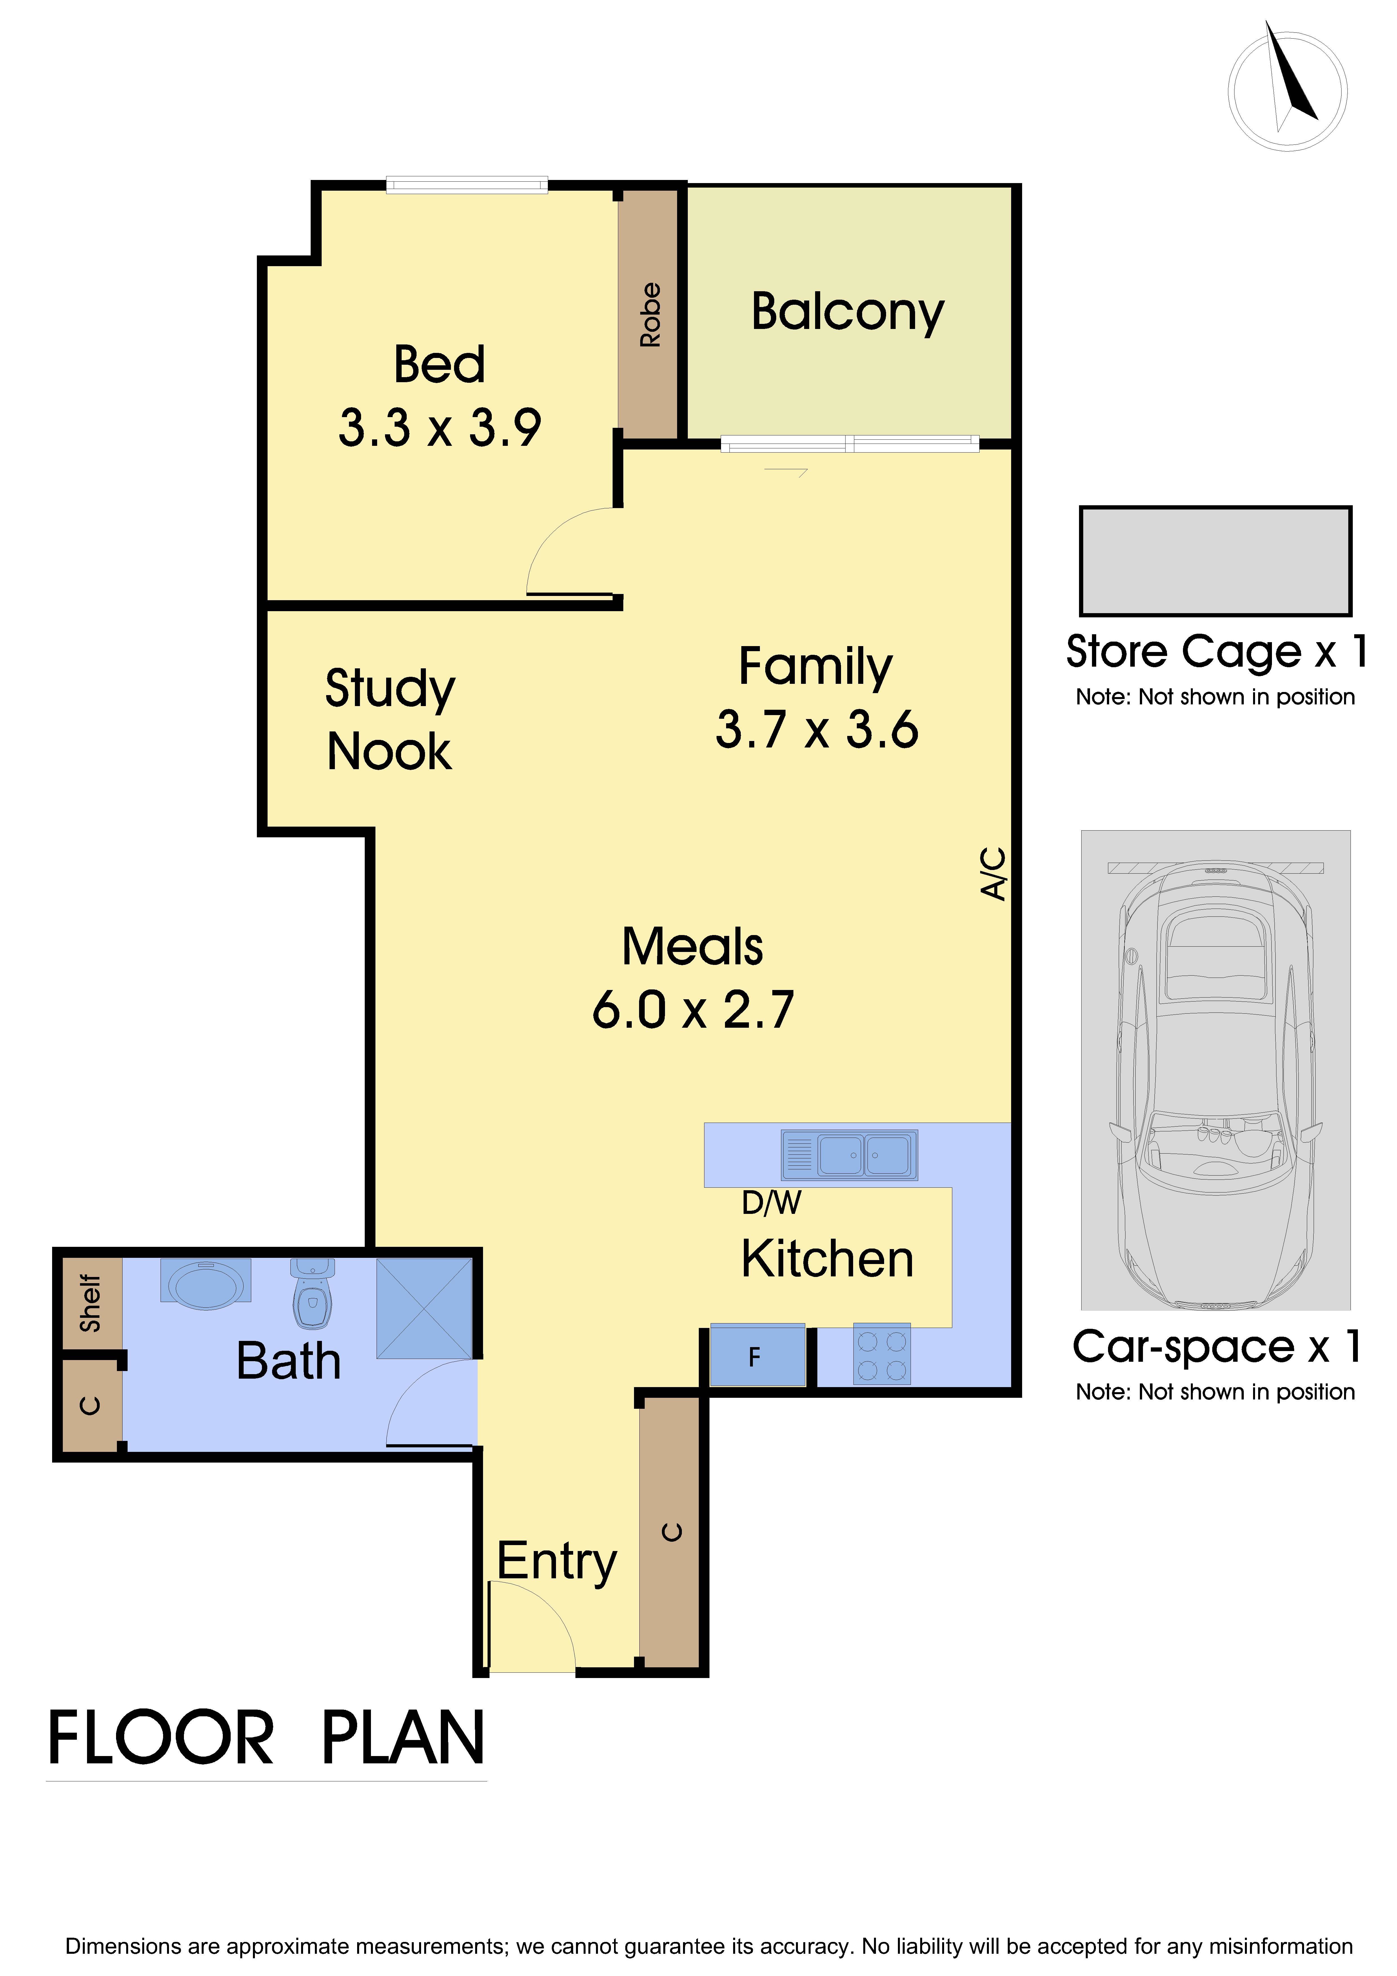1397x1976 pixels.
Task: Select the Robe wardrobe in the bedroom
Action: (649, 314)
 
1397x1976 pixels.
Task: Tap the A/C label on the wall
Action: (993, 874)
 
